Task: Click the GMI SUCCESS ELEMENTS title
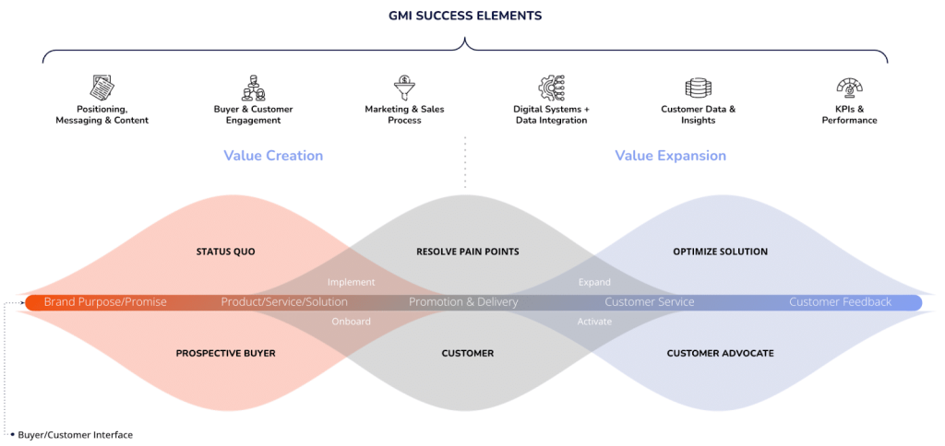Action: pyautogui.click(x=465, y=16)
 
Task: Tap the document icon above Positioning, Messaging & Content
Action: pyautogui.click(x=102, y=88)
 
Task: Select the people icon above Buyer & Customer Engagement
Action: pyautogui.click(x=253, y=88)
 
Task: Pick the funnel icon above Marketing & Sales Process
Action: pyautogui.click(x=404, y=88)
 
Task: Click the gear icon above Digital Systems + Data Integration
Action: pyautogui.click(x=551, y=88)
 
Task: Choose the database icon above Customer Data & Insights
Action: pyautogui.click(x=698, y=88)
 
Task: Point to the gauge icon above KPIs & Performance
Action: pyautogui.click(x=849, y=88)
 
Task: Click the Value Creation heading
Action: pyautogui.click(x=273, y=156)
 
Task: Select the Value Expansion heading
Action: pyautogui.click(x=670, y=156)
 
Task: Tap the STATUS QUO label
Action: pyautogui.click(x=225, y=251)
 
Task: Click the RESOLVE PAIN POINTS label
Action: pyautogui.click(x=468, y=251)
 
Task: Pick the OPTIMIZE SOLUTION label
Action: pyautogui.click(x=720, y=251)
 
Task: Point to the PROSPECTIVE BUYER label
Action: pyautogui.click(x=225, y=353)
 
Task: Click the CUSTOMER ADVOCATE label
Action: pyautogui.click(x=720, y=353)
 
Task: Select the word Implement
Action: pyautogui.click(x=351, y=282)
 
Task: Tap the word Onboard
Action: pyautogui.click(x=351, y=322)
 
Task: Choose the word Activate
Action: pyautogui.click(x=594, y=322)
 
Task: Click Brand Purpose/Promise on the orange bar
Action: pyautogui.click(x=105, y=302)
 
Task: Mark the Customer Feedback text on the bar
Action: pyautogui.click(x=840, y=302)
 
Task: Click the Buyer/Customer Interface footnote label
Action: pyautogui.click(x=76, y=435)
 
